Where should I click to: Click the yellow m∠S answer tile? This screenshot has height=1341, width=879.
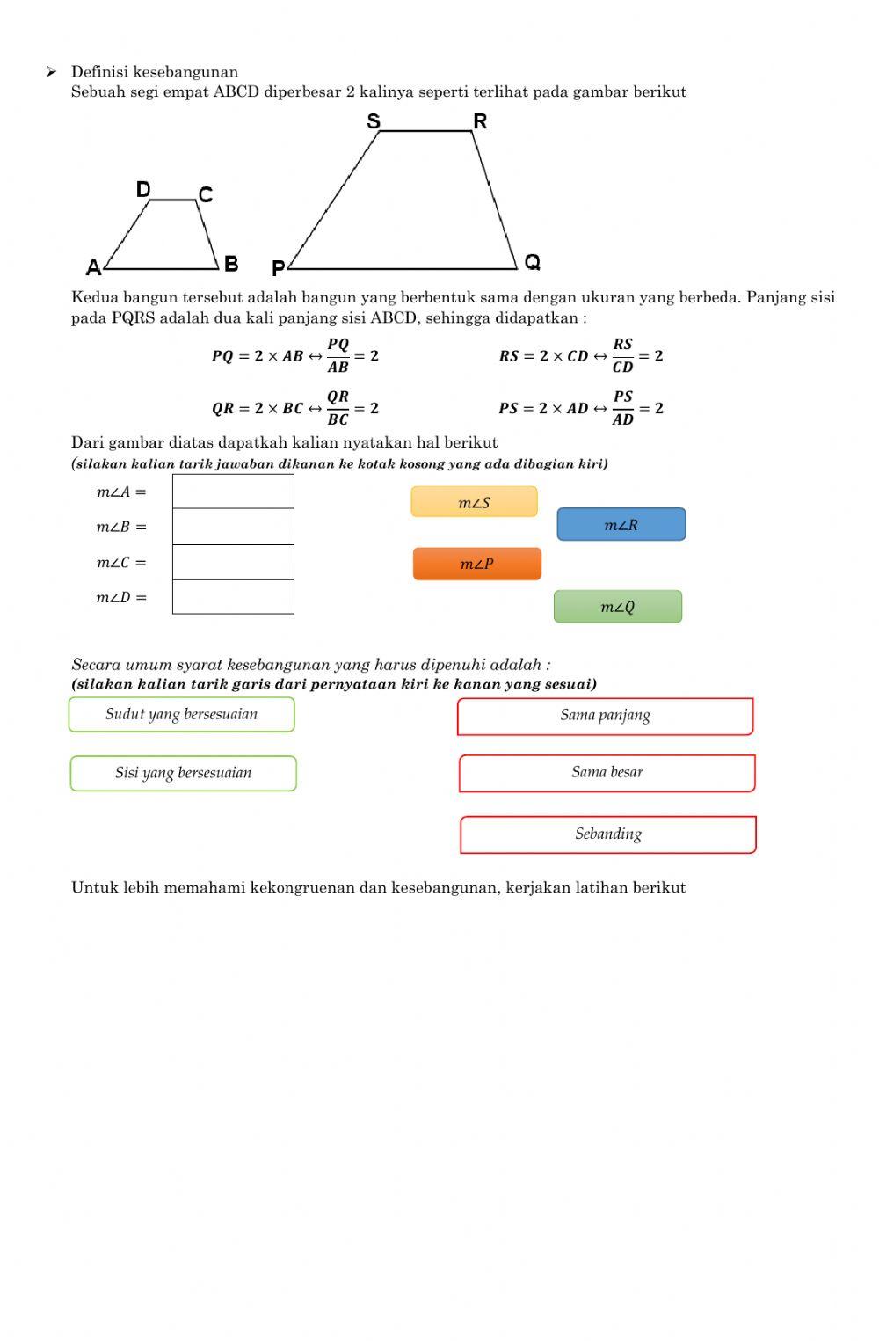point(474,502)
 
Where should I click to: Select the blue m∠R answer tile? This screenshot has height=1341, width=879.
point(621,524)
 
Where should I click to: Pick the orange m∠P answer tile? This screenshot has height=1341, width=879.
point(476,564)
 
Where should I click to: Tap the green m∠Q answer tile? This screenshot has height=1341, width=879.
point(617,607)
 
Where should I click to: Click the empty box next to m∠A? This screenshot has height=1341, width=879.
point(233,492)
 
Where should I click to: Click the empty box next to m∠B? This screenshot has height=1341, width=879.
point(233,527)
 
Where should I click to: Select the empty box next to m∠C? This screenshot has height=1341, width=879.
point(233,562)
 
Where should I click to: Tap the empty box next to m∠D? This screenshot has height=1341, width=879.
point(233,597)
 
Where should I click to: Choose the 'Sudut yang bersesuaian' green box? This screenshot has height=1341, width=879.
point(181,714)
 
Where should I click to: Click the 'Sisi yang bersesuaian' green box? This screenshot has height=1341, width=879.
point(183,773)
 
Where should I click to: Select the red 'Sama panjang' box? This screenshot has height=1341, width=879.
point(605,716)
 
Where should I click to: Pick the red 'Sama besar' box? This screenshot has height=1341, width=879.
point(607,773)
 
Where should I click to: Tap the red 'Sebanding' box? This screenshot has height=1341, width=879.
point(607,834)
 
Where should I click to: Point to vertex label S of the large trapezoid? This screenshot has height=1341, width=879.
point(374,121)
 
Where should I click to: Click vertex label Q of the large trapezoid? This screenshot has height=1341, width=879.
point(532,262)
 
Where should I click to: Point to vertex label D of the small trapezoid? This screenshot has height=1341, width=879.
point(143,190)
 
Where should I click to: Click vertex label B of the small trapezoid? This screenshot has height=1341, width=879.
point(231,264)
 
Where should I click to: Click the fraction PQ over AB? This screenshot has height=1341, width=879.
point(338,355)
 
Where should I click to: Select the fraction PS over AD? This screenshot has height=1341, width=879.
point(623,408)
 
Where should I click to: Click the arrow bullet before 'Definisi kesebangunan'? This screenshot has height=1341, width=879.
point(52,71)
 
